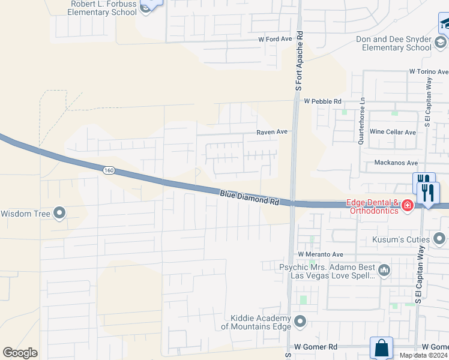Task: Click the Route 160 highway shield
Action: point(109,171)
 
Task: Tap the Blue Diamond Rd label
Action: point(250,198)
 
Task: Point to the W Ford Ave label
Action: point(274,39)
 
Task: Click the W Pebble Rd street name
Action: point(322,101)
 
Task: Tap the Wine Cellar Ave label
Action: point(393,132)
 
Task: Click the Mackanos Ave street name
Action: point(396,163)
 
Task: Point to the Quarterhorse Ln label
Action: point(361,121)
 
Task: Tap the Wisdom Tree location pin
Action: point(59,213)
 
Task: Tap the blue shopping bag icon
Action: point(382,347)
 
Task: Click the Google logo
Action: point(20,353)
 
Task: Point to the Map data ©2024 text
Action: point(423,355)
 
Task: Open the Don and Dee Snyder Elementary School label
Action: point(394,43)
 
